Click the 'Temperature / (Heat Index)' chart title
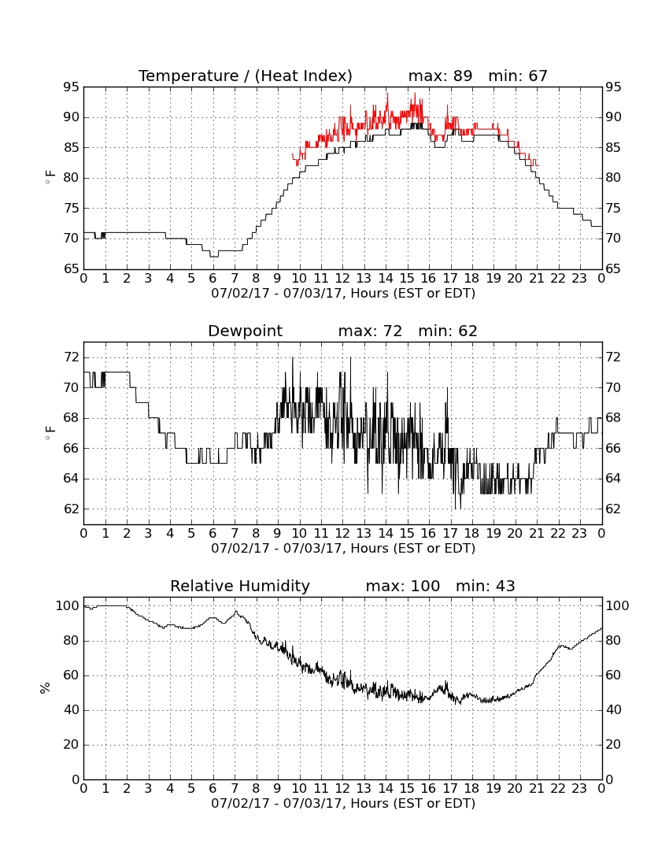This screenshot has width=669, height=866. [245, 76]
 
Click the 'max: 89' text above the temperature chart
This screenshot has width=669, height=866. [441, 76]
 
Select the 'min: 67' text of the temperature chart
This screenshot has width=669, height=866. [518, 76]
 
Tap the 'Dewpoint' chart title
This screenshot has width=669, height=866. [245, 331]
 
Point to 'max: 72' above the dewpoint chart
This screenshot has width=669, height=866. [370, 331]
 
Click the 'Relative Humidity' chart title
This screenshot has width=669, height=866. [240, 586]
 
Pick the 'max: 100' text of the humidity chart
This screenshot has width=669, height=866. [403, 586]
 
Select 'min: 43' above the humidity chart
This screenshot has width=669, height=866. [485, 586]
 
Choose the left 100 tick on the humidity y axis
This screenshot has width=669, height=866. [68, 606]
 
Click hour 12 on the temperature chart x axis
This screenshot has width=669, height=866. [342, 279]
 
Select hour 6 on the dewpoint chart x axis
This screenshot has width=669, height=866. [213, 534]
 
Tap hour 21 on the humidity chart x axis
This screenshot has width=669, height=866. [537, 789]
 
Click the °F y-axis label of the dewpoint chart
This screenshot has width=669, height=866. [50, 433]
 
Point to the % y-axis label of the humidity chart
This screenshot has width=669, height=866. [46, 687]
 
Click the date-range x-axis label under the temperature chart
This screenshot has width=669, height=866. [343, 294]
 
